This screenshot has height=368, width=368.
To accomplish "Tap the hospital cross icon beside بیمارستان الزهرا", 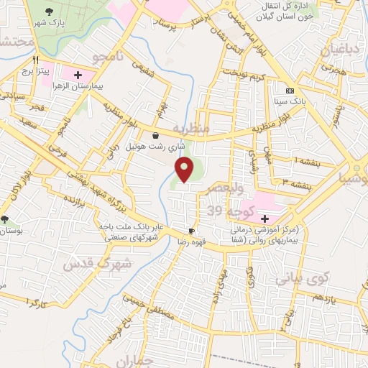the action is [78, 74].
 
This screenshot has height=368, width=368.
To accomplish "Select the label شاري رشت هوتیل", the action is [156, 146].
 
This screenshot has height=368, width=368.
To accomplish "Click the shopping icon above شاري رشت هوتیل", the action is [156, 134].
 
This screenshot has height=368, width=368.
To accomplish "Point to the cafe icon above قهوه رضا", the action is [191, 231].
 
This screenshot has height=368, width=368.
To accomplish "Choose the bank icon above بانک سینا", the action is [290, 91].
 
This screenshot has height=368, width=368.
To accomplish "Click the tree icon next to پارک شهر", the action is [49, 11].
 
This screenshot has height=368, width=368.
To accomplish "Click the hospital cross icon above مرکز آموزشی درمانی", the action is [264, 218].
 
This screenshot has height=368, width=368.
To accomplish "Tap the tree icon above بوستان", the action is [5, 219].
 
